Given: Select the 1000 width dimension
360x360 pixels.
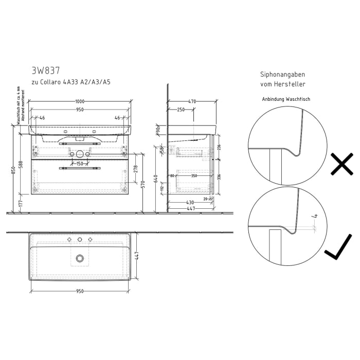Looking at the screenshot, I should pos(80,101).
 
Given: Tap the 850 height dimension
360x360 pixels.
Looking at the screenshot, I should pos(14,168).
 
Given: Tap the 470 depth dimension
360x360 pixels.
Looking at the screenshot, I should pos(192,101).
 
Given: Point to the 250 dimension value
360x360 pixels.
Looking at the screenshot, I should pos(181,110).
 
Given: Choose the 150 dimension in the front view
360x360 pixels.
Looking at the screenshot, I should pos(80,164).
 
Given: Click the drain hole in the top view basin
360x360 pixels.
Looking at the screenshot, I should pos(80,258).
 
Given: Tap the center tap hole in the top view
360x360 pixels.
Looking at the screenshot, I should pos(80,240).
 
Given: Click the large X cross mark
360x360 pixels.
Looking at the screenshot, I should pos(341,165).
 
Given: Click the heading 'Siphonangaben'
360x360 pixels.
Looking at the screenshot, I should pos(282,74).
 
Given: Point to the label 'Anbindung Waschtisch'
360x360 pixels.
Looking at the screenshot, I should pos(286,99).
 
